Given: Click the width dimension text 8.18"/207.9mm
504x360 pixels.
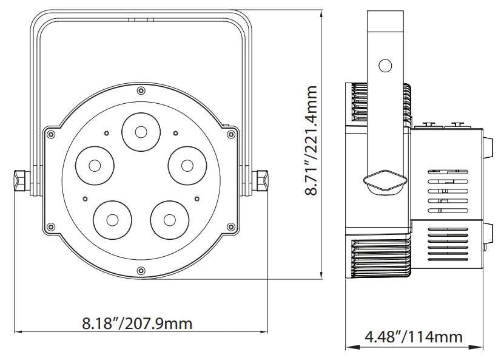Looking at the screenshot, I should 137,323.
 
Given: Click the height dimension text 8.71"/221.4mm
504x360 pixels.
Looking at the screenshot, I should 312,140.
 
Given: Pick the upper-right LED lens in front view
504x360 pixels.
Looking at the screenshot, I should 186,165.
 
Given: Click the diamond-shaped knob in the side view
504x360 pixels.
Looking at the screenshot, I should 383,180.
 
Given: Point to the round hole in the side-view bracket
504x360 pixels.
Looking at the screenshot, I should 385,66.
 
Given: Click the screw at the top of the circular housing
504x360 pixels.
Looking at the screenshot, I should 141,91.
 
